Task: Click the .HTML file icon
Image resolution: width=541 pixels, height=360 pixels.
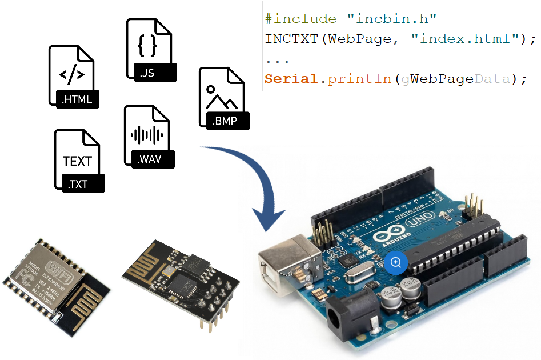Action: tap(74, 77)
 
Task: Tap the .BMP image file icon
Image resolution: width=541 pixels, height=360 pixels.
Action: tap(223, 97)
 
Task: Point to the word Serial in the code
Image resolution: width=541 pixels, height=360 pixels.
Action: tap(291, 79)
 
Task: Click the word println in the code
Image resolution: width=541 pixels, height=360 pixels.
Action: tap(360, 79)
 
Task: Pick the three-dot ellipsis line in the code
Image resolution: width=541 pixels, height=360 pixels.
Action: tap(277, 59)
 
